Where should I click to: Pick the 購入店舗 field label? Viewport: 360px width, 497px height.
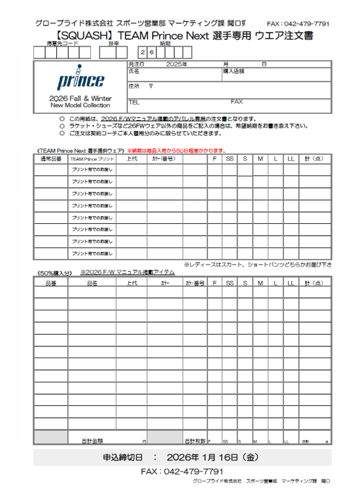234,71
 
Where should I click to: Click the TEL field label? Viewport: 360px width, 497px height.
134,102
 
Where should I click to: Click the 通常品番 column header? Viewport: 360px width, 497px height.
50,158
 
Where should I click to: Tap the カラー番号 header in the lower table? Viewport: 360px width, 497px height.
195,283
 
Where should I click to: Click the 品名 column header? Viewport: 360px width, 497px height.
92,283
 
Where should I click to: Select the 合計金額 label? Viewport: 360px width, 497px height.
92,441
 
